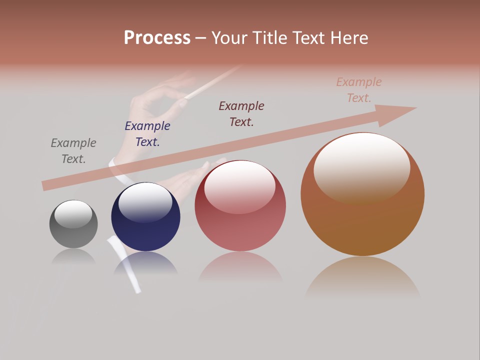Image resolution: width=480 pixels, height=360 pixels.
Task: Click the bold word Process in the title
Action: tap(157, 38)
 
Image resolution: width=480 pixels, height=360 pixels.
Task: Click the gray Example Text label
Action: tap(73, 151)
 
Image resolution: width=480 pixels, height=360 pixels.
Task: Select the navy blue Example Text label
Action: tap(147, 134)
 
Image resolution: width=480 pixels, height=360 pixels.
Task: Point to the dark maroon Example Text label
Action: tap(241, 113)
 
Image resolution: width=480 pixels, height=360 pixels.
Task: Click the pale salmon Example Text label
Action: tap(359, 90)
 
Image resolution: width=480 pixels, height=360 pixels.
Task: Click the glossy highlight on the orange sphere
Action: tap(361, 165)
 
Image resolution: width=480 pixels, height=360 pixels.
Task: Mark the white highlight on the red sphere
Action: tap(240, 186)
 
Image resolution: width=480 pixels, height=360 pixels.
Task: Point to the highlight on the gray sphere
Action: tap(73, 213)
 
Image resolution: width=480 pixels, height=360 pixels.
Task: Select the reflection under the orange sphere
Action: tap(362, 277)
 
